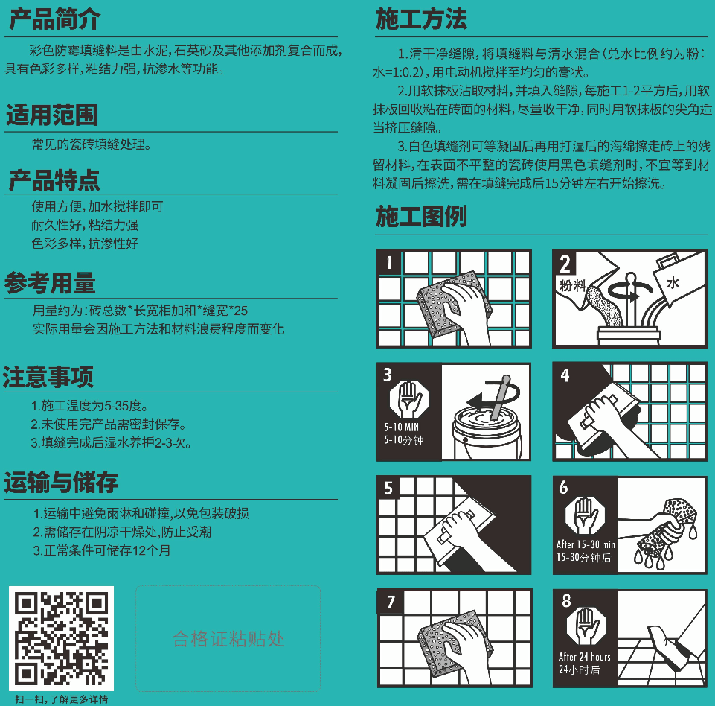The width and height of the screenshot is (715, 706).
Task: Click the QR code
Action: pyautogui.click(x=61, y=638)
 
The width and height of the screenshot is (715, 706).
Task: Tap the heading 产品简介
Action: pyautogui.click(x=55, y=19)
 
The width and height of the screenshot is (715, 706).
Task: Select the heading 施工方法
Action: pyautogui.click(x=421, y=19)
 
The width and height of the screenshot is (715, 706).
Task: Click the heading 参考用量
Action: pyautogui.click(x=50, y=283)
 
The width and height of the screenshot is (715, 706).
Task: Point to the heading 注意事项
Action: pyautogui.click(x=48, y=377)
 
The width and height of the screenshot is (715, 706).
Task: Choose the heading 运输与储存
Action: pyautogui.click(x=62, y=482)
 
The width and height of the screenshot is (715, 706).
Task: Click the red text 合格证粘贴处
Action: pyautogui.click(x=228, y=639)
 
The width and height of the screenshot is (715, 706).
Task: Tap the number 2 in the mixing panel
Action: pyautogui.click(x=565, y=264)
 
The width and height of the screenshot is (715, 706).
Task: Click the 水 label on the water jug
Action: pyautogui.click(x=673, y=283)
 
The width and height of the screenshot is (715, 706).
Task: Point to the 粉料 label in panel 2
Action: pyautogui.click(x=573, y=286)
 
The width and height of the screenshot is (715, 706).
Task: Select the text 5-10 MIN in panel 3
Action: pyautogui.click(x=401, y=427)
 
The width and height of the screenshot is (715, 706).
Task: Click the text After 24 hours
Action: pyautogui.click(x=585, y=657)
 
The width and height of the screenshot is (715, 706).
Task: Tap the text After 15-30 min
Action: pyautogui.click(x=586, y=544)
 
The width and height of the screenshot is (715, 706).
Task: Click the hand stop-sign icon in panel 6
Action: pyautogui.click(x=585, y=515)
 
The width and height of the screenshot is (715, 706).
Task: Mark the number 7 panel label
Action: pyautogui.click(x=391, y=602)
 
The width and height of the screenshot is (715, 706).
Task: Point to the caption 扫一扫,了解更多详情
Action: pyautogui.click(x=62, y=699)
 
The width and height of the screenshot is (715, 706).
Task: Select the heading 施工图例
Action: pyautogui.click(x=421, y=216)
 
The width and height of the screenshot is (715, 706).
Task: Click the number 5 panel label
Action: pyautogui.click(x=388, y=489)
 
